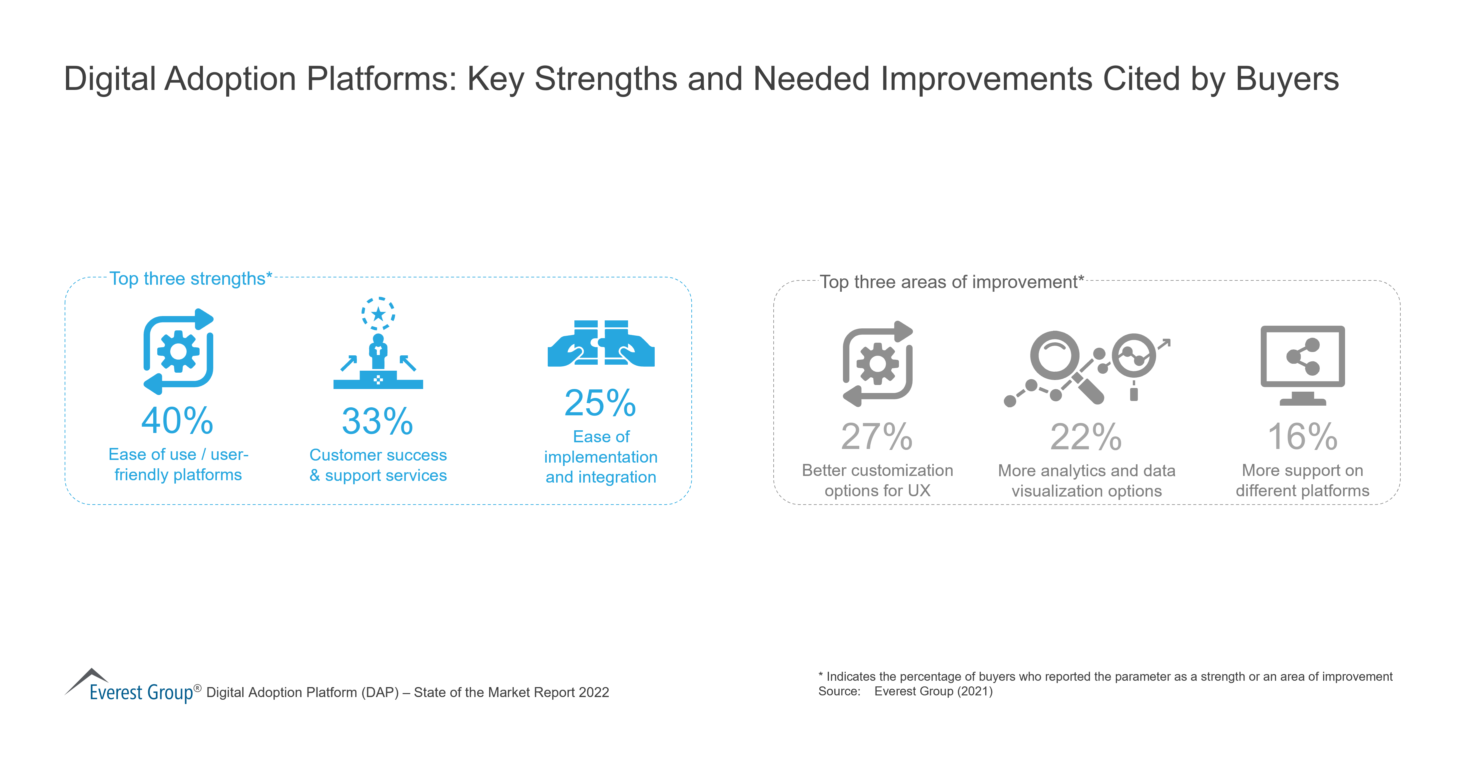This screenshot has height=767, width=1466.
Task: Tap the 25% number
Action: (600, 403)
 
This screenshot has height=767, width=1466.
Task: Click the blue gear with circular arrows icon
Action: (178, 352)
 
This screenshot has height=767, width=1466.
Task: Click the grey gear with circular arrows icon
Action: (877, 364)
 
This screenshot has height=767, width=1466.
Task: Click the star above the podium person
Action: (378, 313)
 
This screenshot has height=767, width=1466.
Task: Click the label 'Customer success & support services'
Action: (378, 465)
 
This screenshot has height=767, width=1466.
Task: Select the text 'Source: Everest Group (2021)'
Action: (905, 691)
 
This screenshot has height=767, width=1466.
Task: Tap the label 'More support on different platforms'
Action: (1302, 480)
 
